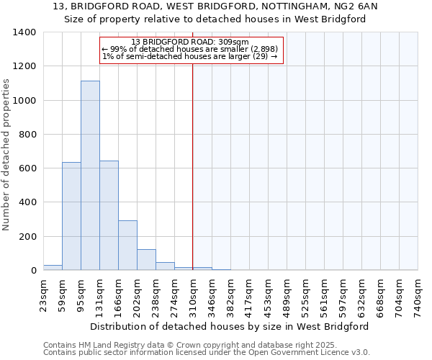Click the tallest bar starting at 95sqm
coord(90,176)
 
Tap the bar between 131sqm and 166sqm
coord(109,215)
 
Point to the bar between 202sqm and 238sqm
coord(146,260)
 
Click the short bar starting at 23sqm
coord(53,267)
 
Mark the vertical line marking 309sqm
coord(193,166)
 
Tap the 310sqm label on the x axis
coord(193,293)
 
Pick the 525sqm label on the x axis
coord(305,293)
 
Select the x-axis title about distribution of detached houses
coord(230,326)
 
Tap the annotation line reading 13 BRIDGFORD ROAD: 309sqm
coord(190,42)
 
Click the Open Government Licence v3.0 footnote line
coord(207,352)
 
